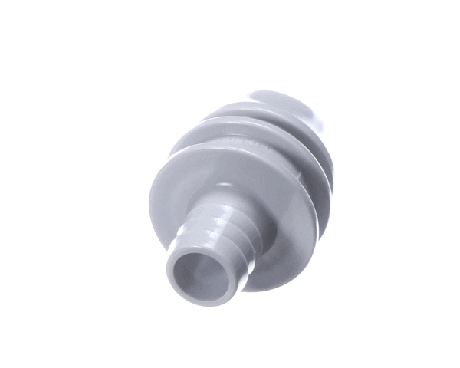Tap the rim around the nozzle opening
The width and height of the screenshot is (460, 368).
tap(177, 285)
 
